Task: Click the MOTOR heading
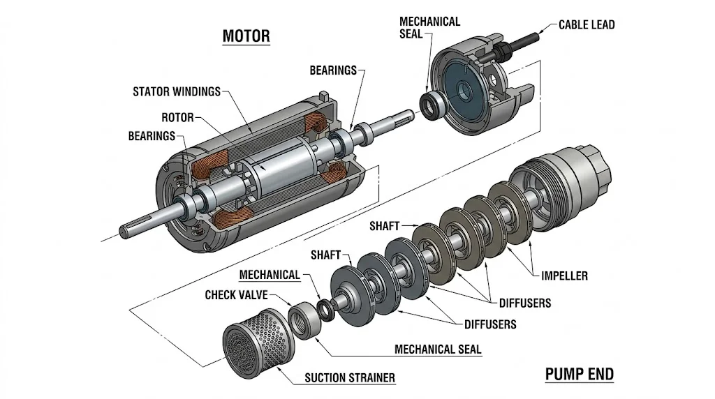[x=245, y=36]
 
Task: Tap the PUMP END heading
[x=579, y=375]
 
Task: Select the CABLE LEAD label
[x=587, y=24]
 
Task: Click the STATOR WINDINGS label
[x=176, y=91]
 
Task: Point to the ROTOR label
[x=177, y=117]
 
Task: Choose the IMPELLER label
[x=564, y=276]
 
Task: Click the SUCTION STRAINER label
[x=350, y=378]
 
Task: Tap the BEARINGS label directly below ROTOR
[x=152, y=136]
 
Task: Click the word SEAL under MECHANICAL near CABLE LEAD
[x=411, y=33]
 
